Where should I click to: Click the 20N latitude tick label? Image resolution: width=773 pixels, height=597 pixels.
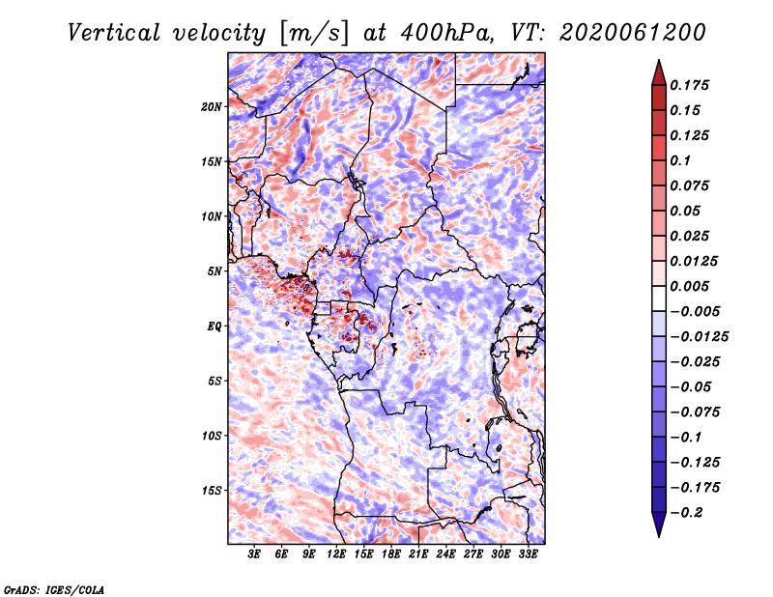click(x=212, y=106)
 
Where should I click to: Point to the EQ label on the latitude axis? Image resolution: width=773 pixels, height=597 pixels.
click(x=215, y=327)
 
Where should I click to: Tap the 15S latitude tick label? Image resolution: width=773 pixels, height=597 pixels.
click(x=212, y=491)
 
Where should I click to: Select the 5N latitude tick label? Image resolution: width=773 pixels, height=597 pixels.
click(x=215, y=271)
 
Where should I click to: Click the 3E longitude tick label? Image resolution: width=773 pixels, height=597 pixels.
click(x=254, y=555)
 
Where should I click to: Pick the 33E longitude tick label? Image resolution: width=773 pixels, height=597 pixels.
click(x=528, y=555)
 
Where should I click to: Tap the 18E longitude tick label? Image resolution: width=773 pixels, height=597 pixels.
click(x=391, y=555)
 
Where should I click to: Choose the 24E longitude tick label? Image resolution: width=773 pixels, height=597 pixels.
click(x=445, y=555)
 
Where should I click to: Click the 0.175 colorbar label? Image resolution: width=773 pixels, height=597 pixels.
click(x=691, y=85)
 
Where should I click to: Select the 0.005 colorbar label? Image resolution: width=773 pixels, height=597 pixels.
click(x=691, y=286)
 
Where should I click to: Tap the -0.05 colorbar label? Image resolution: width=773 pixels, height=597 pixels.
click(x=690, y=386)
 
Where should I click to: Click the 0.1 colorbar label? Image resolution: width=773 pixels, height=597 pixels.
click(x=682, y=160)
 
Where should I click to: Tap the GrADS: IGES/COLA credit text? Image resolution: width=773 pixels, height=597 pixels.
click(x=54, y=588)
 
